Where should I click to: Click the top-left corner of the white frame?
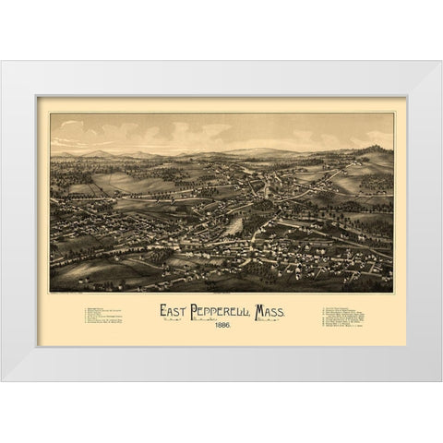click(x=2, y=62)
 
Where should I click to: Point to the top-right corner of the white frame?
click(x=440, y=62)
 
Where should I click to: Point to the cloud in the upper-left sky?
click(x=74, y=126)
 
